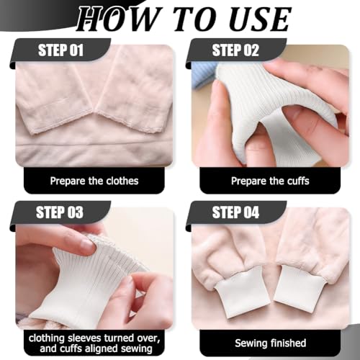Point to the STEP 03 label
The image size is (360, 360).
point(60,212)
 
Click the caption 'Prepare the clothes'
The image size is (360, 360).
point(94,181)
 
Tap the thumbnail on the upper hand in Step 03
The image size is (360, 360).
point(86,246)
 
